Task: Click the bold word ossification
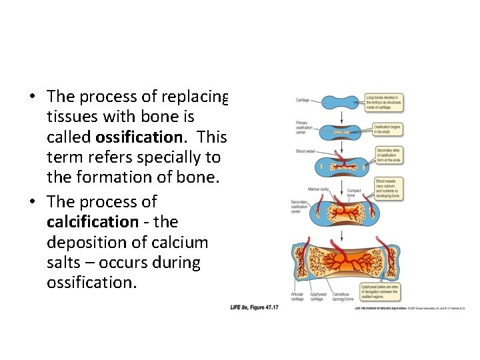pyautogui.click(x=139, y=137)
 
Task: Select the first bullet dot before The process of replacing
pyautogui.click(x=32, y=97)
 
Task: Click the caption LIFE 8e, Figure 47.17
pyautogui.click(x=254, y=307)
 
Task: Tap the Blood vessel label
pyautogui.click(x=305, y=151)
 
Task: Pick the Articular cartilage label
pyautogui.click(x=297, y=297)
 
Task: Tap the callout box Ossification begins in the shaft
pyautogui.click(x=387, y=129)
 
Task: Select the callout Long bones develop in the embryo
pyautogui.click(x=385, y=102)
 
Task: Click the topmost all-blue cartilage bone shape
pyautogui.click(x=341, y=102)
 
